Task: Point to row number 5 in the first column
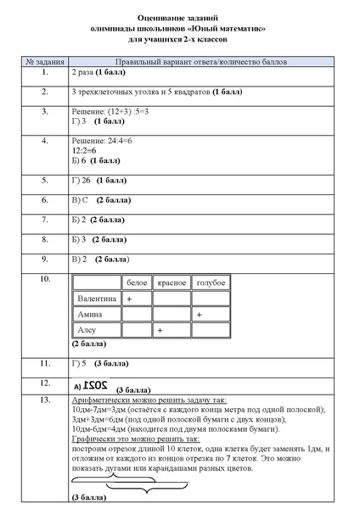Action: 43,181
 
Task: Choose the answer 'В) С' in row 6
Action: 81,200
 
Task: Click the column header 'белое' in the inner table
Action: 136,281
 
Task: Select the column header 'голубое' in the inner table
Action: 210,281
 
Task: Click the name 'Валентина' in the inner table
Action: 96,299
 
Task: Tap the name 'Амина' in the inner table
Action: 90,314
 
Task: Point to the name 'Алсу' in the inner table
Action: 87,329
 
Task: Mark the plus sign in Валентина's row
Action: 129,299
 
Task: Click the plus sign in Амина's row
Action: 199,314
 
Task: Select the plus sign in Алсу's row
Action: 160,329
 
